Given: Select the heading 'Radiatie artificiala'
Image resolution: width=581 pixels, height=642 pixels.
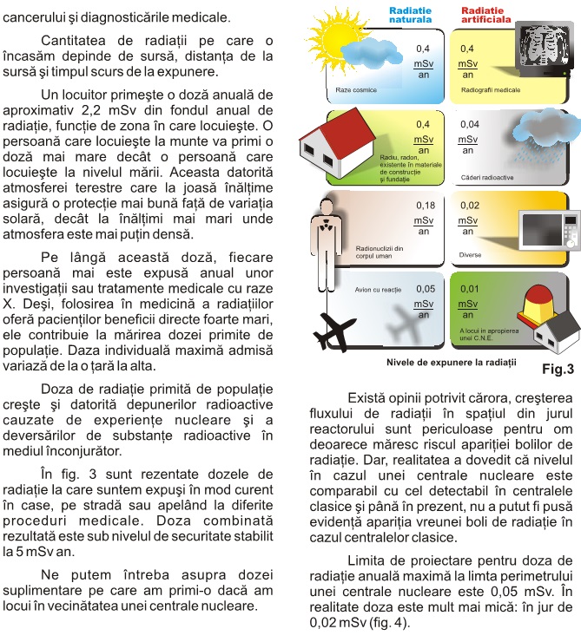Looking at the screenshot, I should point(485,14).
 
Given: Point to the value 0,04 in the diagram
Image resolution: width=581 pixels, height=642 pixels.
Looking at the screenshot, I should point(469,124).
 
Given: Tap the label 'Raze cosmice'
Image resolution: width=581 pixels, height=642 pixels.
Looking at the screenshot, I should point(353,89).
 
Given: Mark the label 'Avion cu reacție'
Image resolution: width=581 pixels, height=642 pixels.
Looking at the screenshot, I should point(377,289).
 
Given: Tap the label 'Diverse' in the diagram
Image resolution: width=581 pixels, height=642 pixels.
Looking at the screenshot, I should point(470,255).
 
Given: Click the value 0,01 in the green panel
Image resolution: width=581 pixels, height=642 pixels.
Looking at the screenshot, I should point(469,288).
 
